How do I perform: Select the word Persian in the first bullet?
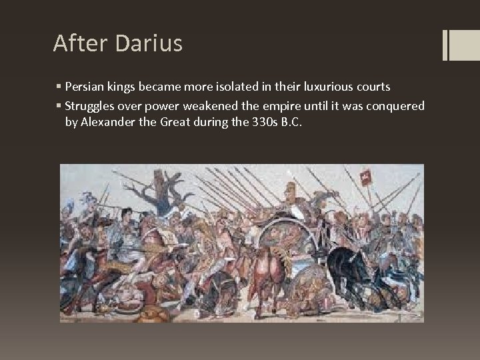(x=84, y=88)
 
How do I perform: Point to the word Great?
(x=173, y=123)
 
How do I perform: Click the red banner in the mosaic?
(x=365, y=178)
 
